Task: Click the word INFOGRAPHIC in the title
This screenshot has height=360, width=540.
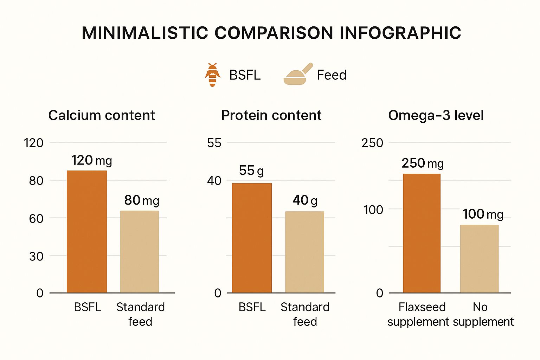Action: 400,33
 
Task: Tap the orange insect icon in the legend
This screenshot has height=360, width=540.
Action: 212,75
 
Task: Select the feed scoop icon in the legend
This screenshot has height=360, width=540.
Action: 298,74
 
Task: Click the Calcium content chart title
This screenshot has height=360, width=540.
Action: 102,115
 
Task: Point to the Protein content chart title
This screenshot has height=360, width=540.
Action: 271,115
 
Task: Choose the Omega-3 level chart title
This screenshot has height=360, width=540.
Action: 436,115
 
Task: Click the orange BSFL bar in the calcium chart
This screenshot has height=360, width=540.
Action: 87,232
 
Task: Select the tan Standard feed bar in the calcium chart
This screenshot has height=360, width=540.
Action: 140,252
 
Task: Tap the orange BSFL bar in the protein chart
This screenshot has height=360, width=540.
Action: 252,238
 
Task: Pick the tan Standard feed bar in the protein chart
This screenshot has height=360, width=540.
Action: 305,252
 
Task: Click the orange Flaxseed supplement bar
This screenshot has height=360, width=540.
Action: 422,233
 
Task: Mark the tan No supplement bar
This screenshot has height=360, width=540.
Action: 479,259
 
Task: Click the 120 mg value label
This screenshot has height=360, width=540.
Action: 92,160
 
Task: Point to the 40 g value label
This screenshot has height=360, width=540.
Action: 305,200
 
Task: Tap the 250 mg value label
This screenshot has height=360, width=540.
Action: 423,163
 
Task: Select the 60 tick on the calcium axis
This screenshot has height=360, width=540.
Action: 36,219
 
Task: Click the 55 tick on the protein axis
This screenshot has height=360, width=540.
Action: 214,143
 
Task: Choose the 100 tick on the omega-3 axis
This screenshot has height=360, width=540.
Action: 373,210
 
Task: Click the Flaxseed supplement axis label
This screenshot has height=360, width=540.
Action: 418,314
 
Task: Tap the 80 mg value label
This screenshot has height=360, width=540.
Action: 142,200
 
